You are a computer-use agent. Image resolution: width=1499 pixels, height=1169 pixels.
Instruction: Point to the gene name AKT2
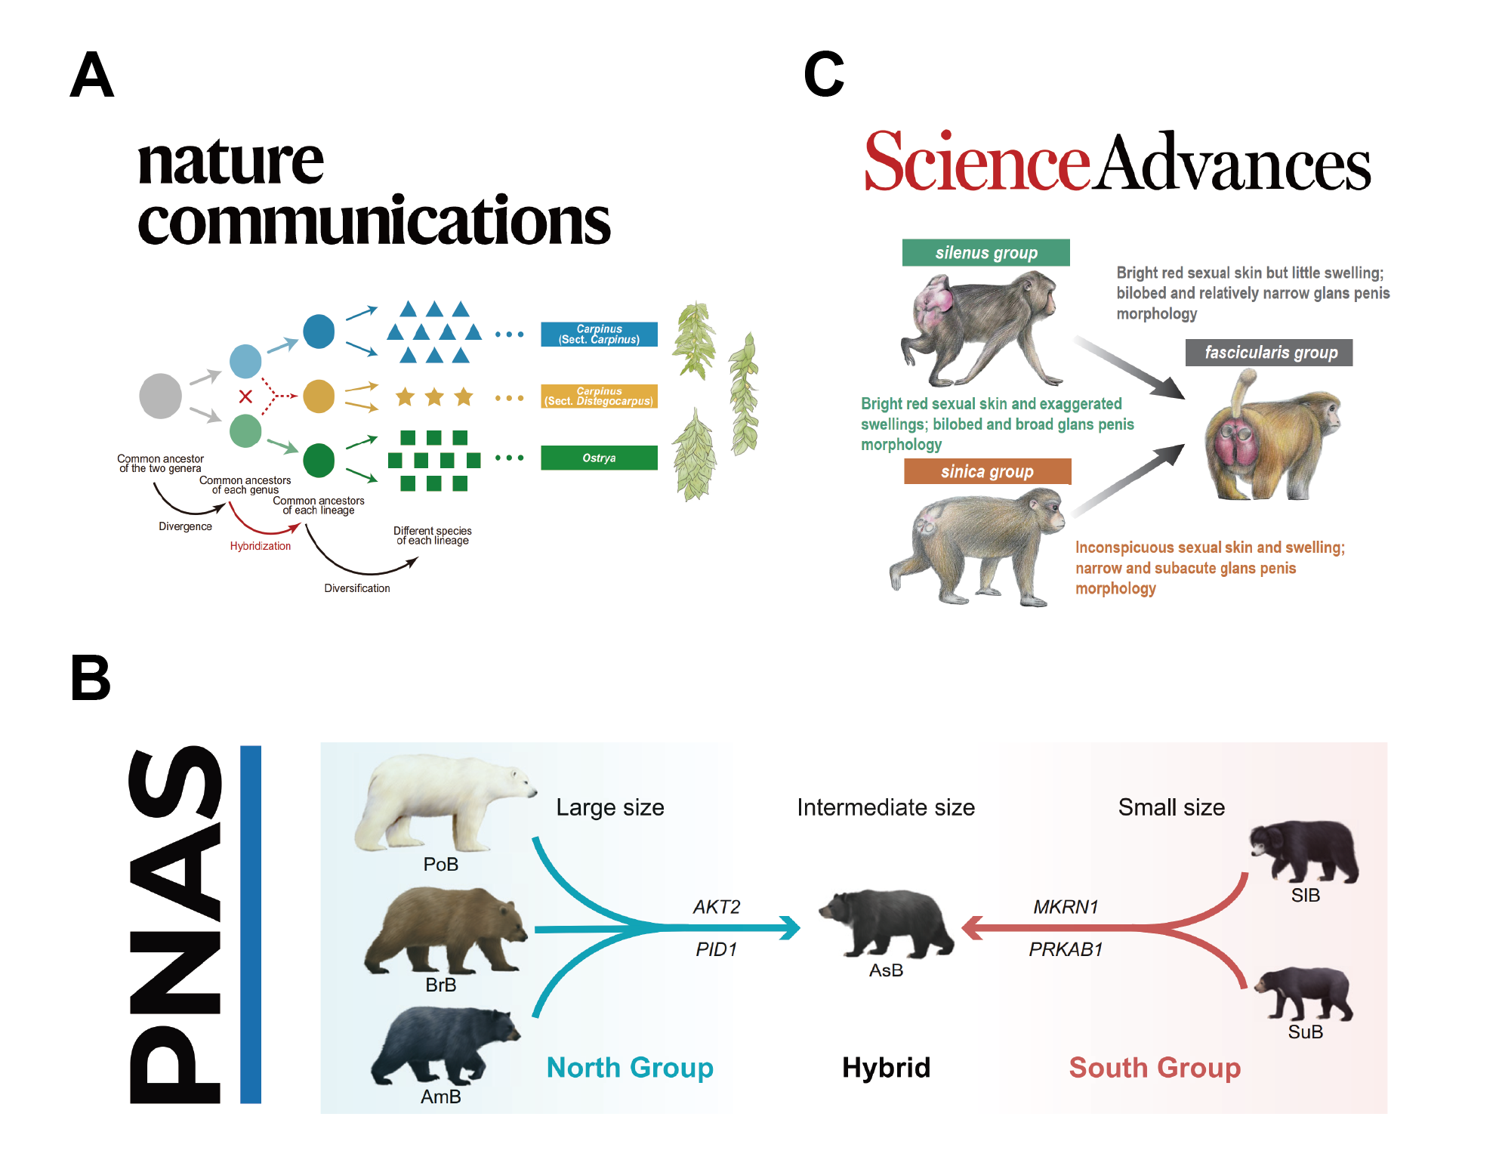click(716, 906)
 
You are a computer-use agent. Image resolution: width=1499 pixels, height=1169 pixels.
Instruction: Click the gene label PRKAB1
click(1066, 949)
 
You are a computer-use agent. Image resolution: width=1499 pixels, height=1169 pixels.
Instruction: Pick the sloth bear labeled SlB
click(1304, 852)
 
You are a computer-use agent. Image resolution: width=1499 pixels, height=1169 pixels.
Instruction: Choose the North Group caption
click(630, 1067)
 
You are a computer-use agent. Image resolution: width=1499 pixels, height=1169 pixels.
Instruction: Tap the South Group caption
click(1154, 1067)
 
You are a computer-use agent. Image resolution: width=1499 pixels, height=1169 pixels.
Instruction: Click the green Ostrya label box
click(599, 458)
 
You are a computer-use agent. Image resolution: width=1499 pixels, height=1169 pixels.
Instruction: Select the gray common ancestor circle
click(161, 396)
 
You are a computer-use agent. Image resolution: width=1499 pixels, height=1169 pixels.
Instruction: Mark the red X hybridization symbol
click(245, 396)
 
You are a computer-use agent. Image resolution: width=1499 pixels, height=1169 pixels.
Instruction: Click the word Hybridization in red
click(260, 546)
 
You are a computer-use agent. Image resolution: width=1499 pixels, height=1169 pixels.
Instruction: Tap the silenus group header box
click(985, 252)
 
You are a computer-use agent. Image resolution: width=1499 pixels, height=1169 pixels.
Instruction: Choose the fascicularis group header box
click(1269, 353)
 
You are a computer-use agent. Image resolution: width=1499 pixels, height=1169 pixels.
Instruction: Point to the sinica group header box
click(987, 471)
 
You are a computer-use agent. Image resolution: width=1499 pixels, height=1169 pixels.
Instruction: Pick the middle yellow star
click(434, 396)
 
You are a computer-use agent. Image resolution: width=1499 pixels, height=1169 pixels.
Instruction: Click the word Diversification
click(356, 588)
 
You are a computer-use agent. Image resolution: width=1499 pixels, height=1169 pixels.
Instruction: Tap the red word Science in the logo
click(976, 162)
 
